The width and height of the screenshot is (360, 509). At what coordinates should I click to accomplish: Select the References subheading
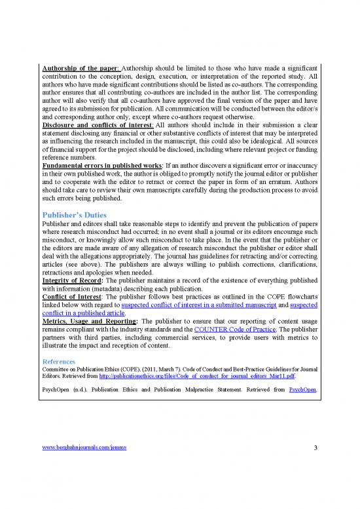pos(58,361)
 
